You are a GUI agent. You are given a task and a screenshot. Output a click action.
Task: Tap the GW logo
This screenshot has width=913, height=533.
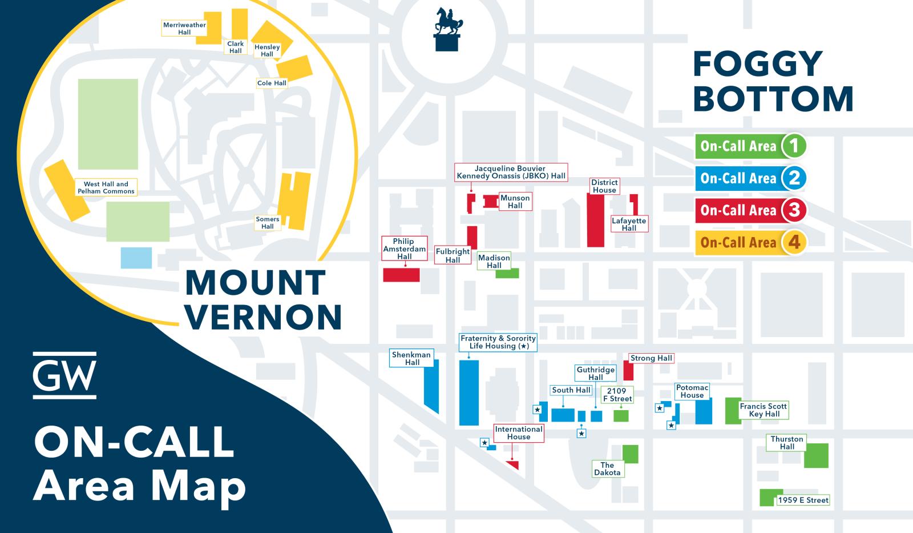click(64, 375)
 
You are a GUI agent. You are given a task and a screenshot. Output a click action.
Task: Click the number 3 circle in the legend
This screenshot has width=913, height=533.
click(794, 210)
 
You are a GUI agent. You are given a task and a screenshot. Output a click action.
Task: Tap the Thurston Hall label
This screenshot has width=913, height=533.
click(787, 443)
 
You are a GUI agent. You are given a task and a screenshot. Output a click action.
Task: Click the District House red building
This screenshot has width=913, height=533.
click(596, 220)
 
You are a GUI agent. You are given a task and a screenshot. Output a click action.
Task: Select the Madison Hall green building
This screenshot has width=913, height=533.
click(507, 273)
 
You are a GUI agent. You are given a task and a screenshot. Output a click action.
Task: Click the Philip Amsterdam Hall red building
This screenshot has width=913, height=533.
click(401, 275)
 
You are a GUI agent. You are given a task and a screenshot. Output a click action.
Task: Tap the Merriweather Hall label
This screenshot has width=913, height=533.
click(184, 29)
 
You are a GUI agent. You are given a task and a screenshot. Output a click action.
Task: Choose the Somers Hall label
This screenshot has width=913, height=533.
click(268, 223)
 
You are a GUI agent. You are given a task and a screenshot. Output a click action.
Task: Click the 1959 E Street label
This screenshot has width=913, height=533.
click(803, 500)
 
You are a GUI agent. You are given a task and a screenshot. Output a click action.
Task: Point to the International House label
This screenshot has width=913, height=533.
click(519, 433)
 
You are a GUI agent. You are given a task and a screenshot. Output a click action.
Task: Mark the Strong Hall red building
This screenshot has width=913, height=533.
click(628, 371)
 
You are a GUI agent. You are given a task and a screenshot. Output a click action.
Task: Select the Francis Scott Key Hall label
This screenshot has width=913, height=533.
click(763, 410)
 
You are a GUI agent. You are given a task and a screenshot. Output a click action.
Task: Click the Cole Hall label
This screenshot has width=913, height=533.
click(272, 83)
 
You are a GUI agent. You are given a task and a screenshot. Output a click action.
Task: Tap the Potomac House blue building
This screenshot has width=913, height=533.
click(703, 411)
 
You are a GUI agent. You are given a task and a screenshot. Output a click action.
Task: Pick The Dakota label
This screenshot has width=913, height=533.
click(607, 469)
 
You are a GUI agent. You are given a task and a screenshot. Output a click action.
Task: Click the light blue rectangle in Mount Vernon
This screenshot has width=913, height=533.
click(136, 258)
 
